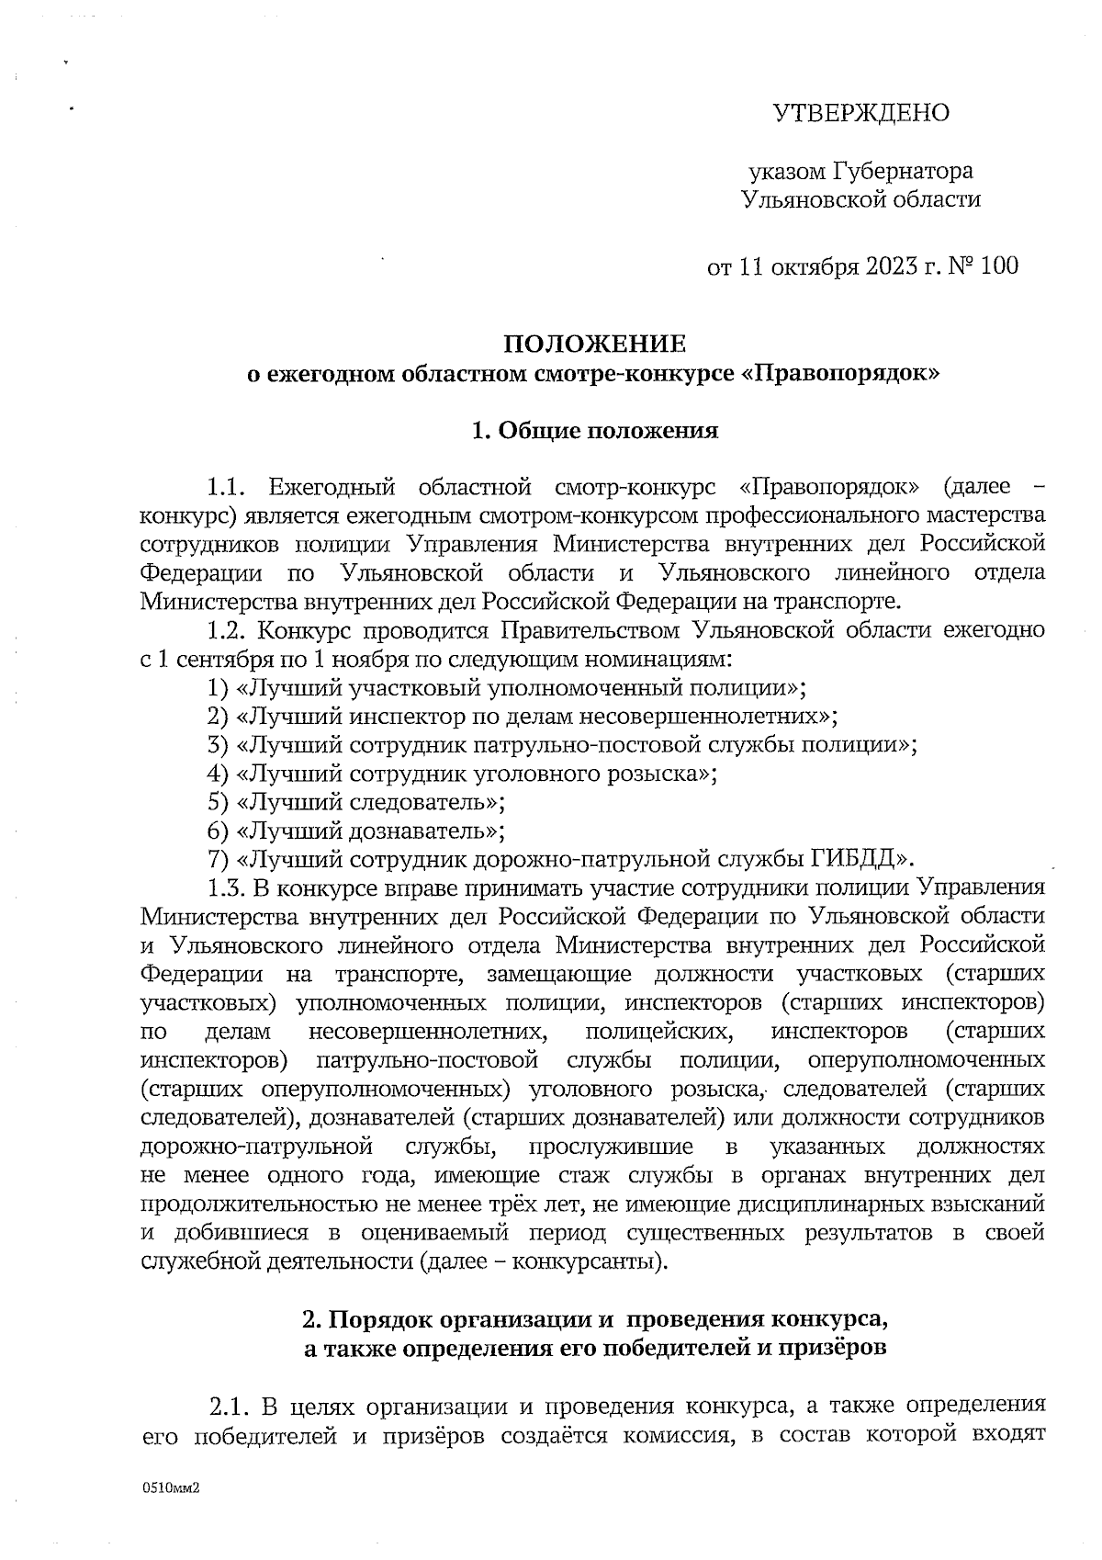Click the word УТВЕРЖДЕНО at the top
[860, 113]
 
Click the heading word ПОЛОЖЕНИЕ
[594, 345]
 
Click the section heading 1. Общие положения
[594, 431]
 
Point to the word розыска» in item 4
[658, 774]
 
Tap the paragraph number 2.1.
[231, 1407]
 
